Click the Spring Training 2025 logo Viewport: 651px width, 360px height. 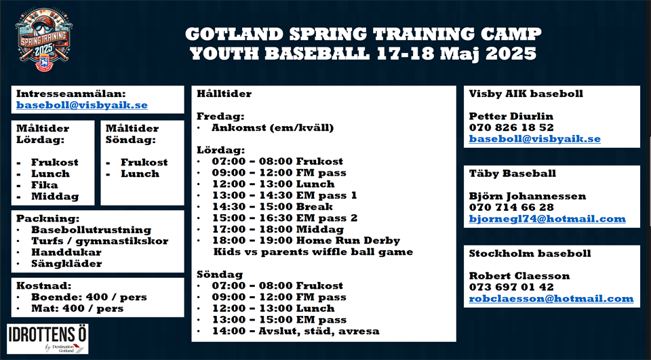point(43,39)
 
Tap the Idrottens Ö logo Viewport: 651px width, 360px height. point(47,339)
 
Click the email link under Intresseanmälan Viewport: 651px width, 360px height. point(82,105)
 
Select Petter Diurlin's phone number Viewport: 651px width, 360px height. point(511,127)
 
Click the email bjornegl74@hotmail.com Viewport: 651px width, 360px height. point(547,219)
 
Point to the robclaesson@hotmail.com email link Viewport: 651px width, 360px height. point(551,298)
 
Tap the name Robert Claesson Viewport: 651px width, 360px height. point(519,276)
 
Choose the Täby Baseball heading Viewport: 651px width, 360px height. point(513,173)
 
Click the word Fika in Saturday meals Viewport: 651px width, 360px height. point(45,185)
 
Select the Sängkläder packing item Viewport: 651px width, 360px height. point(66,264)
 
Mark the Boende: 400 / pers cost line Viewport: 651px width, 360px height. point(89,298)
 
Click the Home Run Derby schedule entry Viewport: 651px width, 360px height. point(306,241)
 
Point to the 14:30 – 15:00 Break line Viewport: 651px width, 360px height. point(273,206)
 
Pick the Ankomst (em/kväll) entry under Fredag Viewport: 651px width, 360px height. point(273,127)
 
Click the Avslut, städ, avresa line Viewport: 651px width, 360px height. point(296,331)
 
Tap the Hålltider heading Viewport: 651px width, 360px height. point(224,94)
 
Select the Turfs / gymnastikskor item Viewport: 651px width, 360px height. point(100,241)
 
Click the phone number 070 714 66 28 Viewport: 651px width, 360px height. point(511,207)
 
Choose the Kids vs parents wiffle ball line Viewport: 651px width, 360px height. point(313,252)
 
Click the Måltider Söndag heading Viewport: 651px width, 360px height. point(132,134)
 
